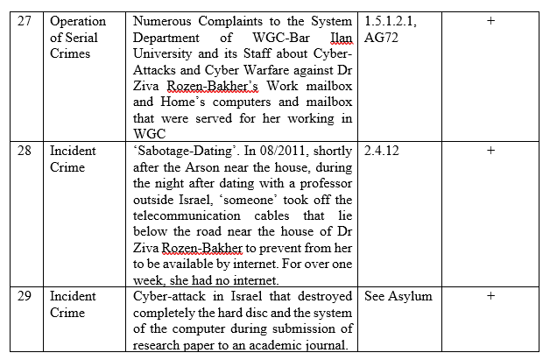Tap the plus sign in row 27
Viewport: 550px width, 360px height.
pos(490,21)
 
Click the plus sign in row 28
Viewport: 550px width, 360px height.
pos(490,151)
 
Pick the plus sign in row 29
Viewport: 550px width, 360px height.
pos(490,296)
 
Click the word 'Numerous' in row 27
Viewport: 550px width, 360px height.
pos(164,21)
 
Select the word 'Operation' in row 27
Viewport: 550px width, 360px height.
pos(78,21)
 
